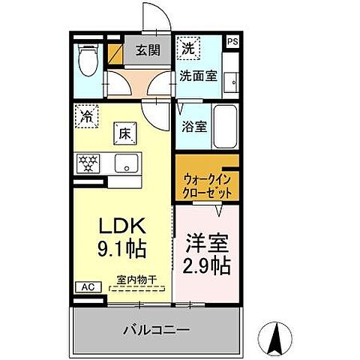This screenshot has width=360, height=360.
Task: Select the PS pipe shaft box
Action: (x=233, y=42)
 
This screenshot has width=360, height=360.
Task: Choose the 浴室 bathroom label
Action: (x=193, y=126)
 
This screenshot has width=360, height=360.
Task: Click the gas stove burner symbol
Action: (x=89, y=163)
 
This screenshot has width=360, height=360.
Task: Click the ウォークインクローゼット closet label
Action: (x=206, y=186)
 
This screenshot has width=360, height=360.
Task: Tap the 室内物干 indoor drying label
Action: (x=136, y=280)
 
